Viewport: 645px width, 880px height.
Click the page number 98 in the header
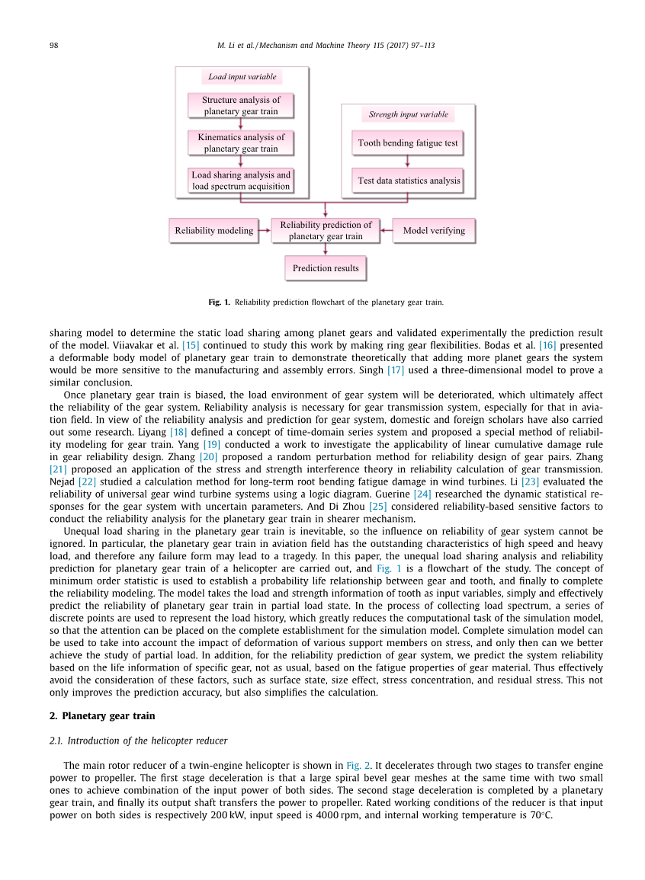pyautogui.click(x=54, y=46)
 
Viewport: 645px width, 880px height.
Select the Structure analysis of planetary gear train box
pyautogui.click(x=241, y=105)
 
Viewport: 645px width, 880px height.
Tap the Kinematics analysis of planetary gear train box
pyautogui.click(x=241, y=142)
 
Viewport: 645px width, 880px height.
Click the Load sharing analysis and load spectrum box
pyautogui.click(x=241, y=181)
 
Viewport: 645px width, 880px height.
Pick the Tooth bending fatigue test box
pyautogui.click(x=408, y=142)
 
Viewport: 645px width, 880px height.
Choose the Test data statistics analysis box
pyautogui.click(x=409, y=181)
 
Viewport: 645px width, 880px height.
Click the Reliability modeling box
pyautogui.click(x=214, y=231)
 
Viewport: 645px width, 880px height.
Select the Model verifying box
pyautogui.click(x=434, y=231)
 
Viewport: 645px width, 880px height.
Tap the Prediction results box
pyautogui.click(x=326, y=268)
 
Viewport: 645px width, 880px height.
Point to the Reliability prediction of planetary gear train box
pyautogui.click(x=326, y=231)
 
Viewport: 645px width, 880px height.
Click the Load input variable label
pyautogui.click(x=242, y=77)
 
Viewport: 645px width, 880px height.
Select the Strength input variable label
pyautogui.click(x=409, y=115)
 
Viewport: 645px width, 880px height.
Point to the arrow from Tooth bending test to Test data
pyautogui.click(x=408, y=161)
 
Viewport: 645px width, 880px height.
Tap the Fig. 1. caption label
pyautogui.click(x=219, y=302)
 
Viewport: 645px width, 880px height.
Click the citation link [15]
pyautogui.click(x=190, y=346)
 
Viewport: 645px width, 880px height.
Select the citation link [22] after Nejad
pyautogui.click(x=87, y=482)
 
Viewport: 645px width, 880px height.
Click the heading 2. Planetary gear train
pyautogui.click(x=102, y=716)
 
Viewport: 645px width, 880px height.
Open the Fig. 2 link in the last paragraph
pyautogui.click(x=358, y=766)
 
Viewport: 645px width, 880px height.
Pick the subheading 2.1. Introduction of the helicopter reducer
pyautogui.click(x=138, y=741)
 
